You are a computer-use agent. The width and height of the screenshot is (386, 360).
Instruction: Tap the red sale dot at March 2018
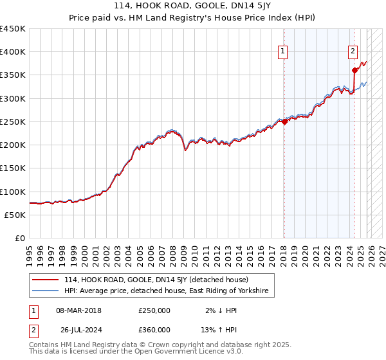pyautogui.click(x=284, y=122)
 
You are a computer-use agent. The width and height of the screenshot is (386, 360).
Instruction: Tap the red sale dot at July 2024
pyautogui.click(x=354, y=71)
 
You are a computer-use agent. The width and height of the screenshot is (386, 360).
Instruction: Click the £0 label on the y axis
pyautogui.click(x=19, y=239)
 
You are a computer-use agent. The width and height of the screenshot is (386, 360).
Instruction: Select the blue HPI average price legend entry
pyautogui.click(x=169, y=292)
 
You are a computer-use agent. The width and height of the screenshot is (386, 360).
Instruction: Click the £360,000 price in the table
pyautogui.click(x=154, y=330)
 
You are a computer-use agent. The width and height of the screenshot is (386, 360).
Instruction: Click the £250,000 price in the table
pyautogui.click(x=154, y=310)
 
